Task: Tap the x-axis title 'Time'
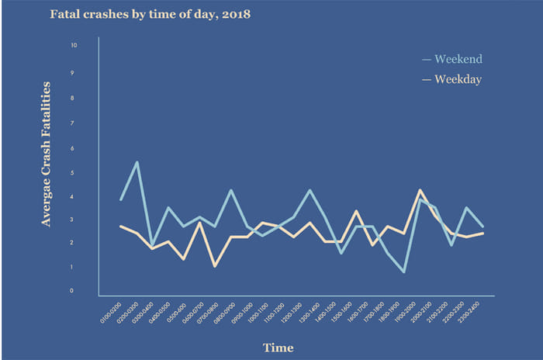[278, 347]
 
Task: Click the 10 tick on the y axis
[73, 46]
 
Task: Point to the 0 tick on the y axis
[73, 292]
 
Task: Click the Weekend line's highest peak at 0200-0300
[137, 162]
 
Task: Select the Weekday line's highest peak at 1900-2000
[420, 190]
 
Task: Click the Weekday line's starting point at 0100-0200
[121, 226]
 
